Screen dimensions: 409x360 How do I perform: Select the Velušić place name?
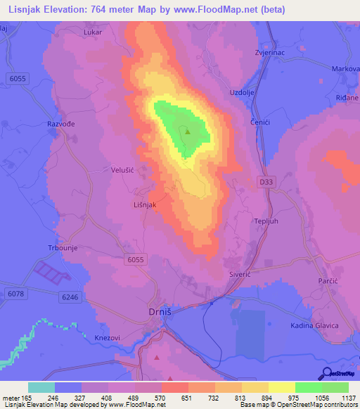pos(123,169)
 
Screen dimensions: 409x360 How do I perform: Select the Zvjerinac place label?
pos(268,52)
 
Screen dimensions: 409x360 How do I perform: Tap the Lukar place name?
pos(92,32)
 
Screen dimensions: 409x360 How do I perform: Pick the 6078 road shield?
pos(15,293)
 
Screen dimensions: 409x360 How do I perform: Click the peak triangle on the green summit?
pos(188,130)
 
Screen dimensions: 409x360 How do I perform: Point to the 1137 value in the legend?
pos(348,398)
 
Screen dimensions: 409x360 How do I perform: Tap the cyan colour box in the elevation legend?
pos(41,387)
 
